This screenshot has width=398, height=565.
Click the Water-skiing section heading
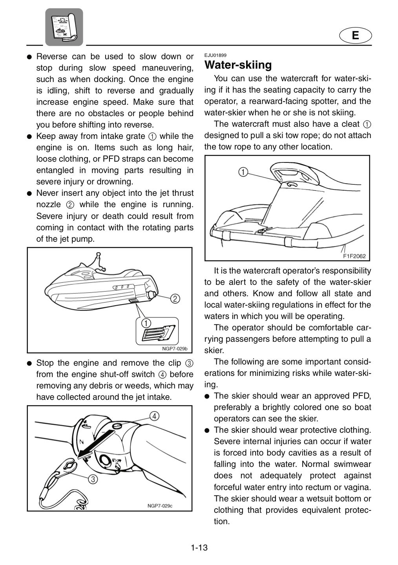(x=238, y=65)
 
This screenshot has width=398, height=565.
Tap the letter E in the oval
(x=355, y=35)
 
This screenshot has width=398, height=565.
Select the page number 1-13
(x=199, y=548)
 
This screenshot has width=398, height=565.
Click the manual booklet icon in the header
(x=64, y=27)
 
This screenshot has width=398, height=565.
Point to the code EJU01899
(x=215, y=55)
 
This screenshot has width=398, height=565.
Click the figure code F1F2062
(x=354, y=256)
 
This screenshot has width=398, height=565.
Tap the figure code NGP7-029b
(x=175, y=349)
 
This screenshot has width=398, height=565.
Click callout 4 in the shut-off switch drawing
(x=155, y=416)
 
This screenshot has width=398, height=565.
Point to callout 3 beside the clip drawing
(x=93, y=479)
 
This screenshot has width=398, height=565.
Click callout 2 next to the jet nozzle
(x=175, y=299)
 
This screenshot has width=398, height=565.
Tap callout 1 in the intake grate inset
(x=146, y=323)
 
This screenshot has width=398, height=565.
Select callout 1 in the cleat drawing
(x=243, y=172)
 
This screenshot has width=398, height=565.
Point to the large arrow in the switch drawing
(x=95, y=444)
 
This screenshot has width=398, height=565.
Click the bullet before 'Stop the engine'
(x=29, y=363)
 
